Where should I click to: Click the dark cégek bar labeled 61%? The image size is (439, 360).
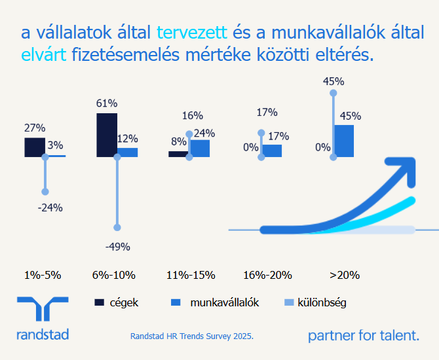106,135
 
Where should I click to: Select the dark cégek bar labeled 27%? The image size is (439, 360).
34,147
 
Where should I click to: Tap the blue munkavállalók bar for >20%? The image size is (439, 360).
344,141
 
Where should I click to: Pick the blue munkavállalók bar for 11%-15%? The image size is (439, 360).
200,149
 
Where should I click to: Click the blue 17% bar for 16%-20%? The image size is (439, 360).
273,151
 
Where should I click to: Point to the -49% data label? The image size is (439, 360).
118,247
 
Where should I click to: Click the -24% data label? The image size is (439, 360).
50,208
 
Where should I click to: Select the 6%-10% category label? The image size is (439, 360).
118,275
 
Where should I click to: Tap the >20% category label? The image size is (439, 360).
344,275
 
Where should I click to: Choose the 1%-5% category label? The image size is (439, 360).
43,275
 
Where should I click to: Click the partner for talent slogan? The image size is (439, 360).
363,336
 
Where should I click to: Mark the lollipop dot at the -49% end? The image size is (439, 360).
117,228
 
